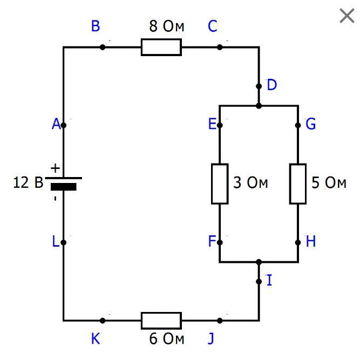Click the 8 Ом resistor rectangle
[161, 47]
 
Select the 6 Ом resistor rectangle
[161, 321]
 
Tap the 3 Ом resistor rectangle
[220, 184]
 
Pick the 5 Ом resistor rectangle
[298, 184]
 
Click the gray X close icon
[347, 16]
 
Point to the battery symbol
[64, 184]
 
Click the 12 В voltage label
[28, 182]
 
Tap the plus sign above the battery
[55, 168]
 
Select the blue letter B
[96, 26]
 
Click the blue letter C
[213, 26]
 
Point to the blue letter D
[272, 85]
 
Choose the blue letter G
[311, 124]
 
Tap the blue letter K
[96, 338]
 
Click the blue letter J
[211, 339]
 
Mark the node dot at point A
[64, 125]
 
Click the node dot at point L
[64, 242]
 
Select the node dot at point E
[220, 125]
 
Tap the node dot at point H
[298, 242]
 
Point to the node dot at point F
[220, 242]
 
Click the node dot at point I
[259, 282]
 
